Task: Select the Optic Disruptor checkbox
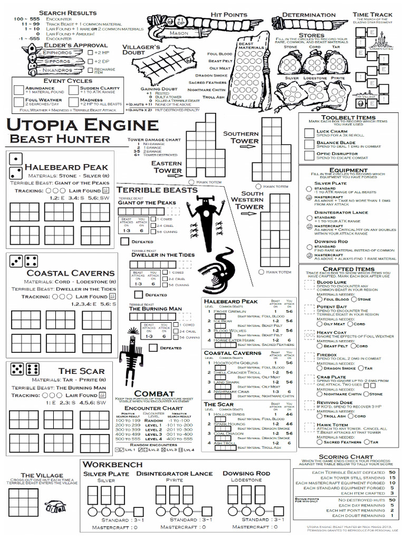309,156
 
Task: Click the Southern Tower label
240,137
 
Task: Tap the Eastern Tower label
167,167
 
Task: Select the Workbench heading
113,464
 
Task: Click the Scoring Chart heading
346,457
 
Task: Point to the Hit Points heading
228,15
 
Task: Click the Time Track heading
373,15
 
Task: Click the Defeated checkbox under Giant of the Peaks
124,241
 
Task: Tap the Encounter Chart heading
146,408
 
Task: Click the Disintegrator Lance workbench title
175,474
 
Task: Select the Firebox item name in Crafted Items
326,355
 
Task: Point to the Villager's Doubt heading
141,50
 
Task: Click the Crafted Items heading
348,269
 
